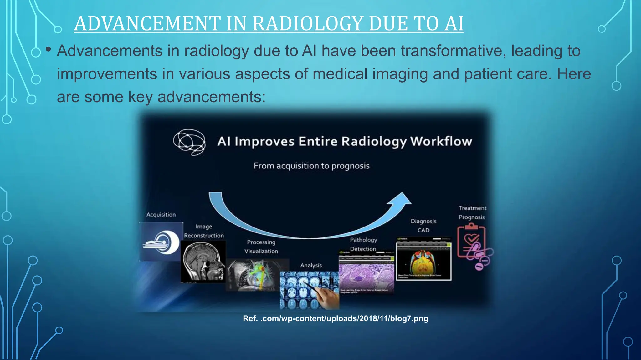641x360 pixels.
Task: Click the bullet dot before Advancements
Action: coord(48,49)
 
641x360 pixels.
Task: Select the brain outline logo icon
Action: coord(189,142)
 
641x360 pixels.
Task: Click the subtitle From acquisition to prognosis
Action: coord(311,166)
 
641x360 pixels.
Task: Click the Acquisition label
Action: coord(161,215)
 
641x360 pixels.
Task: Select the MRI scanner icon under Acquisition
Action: coord(161,242)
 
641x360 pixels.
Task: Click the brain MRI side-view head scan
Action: coord(203,262)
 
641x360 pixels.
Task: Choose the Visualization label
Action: coord(261,251)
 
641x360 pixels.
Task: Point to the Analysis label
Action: coord(311,265)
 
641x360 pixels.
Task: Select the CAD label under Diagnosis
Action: coord(423,230)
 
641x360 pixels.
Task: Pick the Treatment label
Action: coord(472,208)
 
